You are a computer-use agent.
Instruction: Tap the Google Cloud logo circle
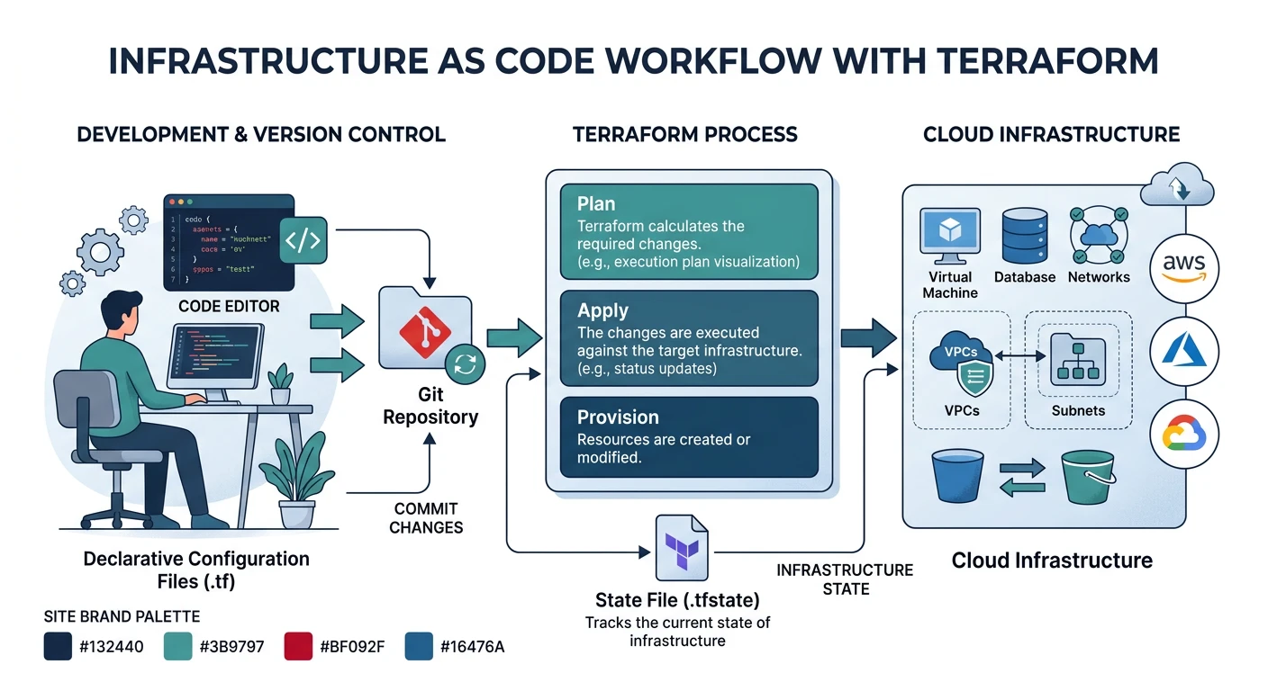point(1184,435)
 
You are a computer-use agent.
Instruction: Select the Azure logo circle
point(1184,350)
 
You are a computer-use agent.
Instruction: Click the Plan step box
point(689,231)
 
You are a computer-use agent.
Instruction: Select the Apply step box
point(689,338)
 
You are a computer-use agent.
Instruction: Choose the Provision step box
point(689,437)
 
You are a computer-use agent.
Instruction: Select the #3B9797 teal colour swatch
point(179,646)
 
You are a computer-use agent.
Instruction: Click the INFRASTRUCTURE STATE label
point(845,579)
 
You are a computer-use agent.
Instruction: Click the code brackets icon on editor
point(303,239)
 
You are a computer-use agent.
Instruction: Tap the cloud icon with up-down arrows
point(1177,186)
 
